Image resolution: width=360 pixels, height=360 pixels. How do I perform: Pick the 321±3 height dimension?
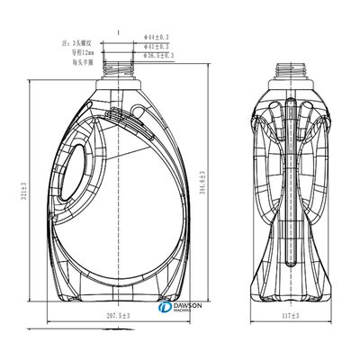(x=22, y=193)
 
